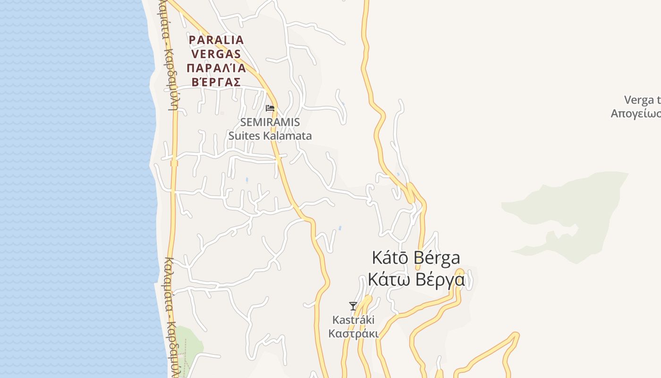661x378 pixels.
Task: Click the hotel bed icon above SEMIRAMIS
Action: click(270, 108)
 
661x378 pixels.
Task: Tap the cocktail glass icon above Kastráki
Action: click(353, 306)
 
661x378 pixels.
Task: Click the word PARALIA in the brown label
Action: click(216, 40)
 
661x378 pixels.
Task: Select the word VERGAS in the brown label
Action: click(216, 54)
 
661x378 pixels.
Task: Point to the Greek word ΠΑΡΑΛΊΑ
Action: click(216, 68)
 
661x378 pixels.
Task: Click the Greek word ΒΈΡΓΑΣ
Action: click(216, 82)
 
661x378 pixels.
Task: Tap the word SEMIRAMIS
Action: click(270, 122)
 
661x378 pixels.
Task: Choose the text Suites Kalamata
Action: click(270, 136)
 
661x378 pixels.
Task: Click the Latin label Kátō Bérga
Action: click(416, 258)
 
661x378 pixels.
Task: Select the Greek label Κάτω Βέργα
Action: click(416, 280)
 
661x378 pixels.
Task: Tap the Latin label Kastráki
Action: click(354, 320)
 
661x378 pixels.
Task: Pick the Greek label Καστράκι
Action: click(354, 334)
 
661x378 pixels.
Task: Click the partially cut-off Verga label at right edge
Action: click(642, 100)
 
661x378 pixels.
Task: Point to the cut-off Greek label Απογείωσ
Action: click(636, 114)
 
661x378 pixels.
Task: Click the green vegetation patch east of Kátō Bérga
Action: click(567, 208)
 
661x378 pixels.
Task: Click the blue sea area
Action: click(71, 189)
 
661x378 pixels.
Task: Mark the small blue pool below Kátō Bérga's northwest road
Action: click(339, 229)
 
